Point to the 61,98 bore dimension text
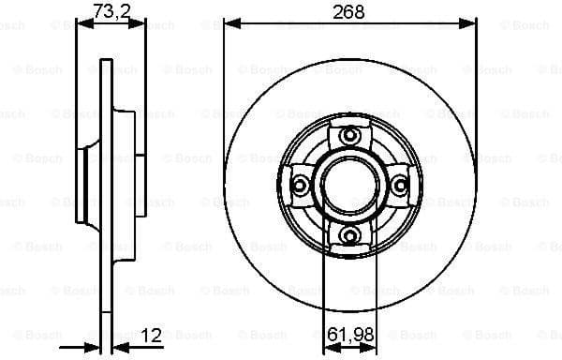pos(349,331)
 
